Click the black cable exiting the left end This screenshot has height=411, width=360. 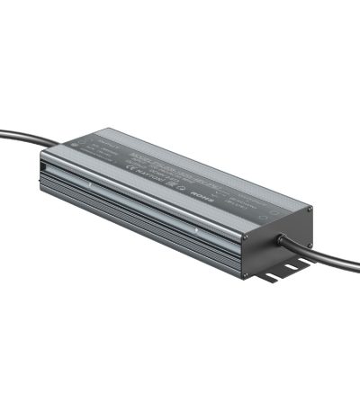pos(18,140)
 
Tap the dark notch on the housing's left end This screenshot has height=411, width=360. pos(45,164)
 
